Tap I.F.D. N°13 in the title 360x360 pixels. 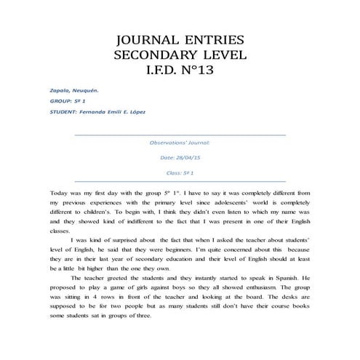click(180, 71)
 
